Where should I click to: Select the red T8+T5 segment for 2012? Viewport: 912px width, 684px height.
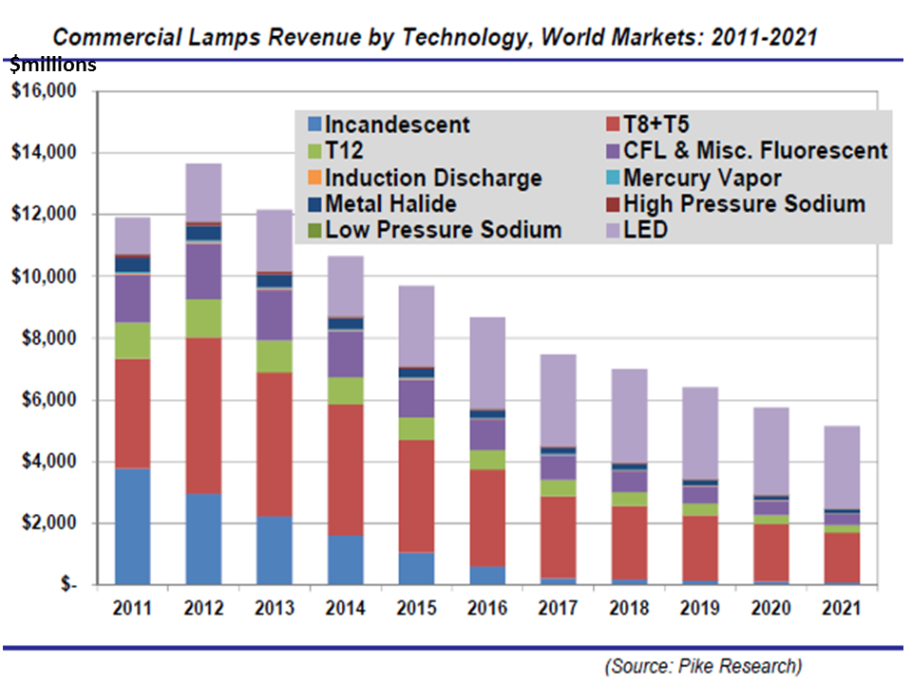(x=203, y=415)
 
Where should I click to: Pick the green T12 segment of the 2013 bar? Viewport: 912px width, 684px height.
(x=275, y=356)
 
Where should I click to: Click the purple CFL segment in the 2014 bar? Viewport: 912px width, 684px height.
(x=346, y=353)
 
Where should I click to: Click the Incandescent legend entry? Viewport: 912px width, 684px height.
(x=397, y=124)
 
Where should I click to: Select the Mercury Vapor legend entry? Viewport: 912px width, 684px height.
(x=702, y=178)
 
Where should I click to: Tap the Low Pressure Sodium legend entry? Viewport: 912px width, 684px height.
(x=443, y=230)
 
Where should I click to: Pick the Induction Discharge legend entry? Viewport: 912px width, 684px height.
(x=433, y=178)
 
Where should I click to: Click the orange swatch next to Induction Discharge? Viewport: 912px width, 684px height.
(x=313, y=178)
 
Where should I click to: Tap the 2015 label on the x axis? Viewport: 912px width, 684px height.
(x=416, y=608)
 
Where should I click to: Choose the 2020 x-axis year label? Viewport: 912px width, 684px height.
(x=770, y=608)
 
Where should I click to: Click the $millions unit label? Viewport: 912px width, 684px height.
(x=52, y=66)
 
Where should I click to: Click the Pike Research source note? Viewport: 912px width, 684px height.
(x=702, y=666)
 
